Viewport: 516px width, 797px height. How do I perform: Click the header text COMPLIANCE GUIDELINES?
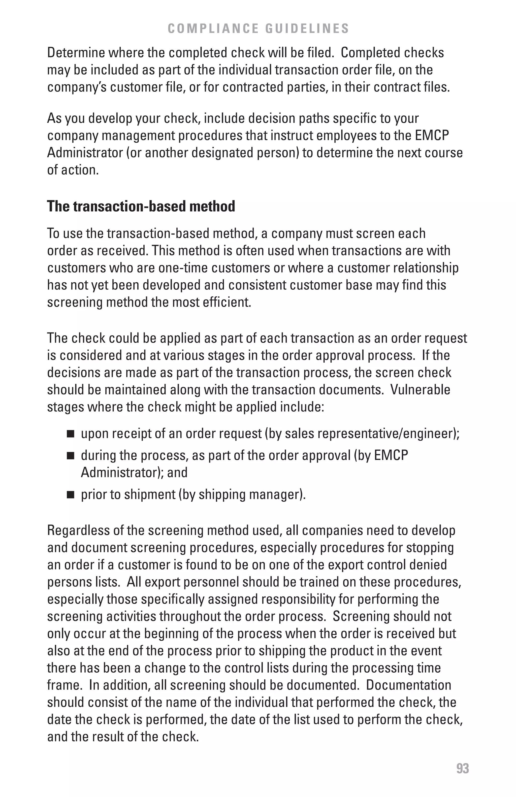(258, 29)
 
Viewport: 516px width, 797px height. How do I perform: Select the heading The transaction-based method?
(141, 206)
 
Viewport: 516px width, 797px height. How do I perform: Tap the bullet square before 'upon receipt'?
(70, 434)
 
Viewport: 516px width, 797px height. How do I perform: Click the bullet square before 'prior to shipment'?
(70, 495)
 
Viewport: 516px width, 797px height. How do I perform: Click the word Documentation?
(408, 685)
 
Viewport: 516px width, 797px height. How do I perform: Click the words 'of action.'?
(73, 170)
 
